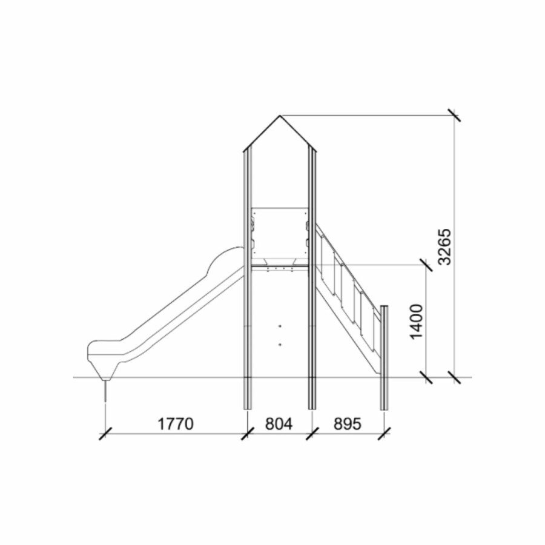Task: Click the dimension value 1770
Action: pyautogui.click(x=176, y=424)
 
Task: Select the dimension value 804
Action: pyautogui.click(x=279, y=424)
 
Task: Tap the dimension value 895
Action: pyautogui.click(x=348, y=424)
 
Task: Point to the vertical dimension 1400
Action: pyautogui.click(x=417, y=322)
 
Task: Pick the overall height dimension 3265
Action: pyautogui.click(x=444, y=247)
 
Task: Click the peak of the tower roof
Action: pyautogui.click(x=280, y=116)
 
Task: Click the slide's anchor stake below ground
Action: pyautogui.click(x=105, y=392)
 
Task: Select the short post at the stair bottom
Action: pyautogui.click(x=384, y=358)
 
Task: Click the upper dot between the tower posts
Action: pyautogui.click(x=280, y=326)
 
